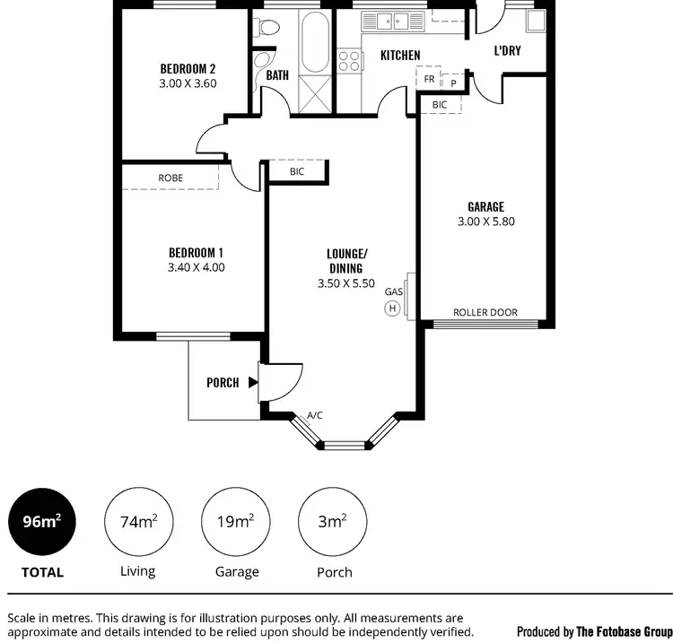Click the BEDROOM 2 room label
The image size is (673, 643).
(x=188, y=68)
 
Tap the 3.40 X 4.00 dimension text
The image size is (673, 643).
(x=196, y=267)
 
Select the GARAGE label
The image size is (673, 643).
(x=485, y=206)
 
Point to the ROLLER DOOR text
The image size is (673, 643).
(x=485, y=313)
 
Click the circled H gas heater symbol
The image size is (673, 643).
(x=392, y=308)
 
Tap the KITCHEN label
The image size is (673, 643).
(x=400, y=56)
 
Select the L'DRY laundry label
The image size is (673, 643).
(x=507, y=51)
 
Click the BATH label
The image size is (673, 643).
(x=277, y=75)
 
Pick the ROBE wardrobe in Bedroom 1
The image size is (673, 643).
(x=170, y=178)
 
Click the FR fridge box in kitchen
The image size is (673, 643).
(x=429, y=80)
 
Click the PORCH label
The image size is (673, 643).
(x=223, y=383)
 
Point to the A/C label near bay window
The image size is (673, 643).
(x=315, y=416)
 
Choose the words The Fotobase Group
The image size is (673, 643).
(x=624, y=631)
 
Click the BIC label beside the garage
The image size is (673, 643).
(x=440, y=105)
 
